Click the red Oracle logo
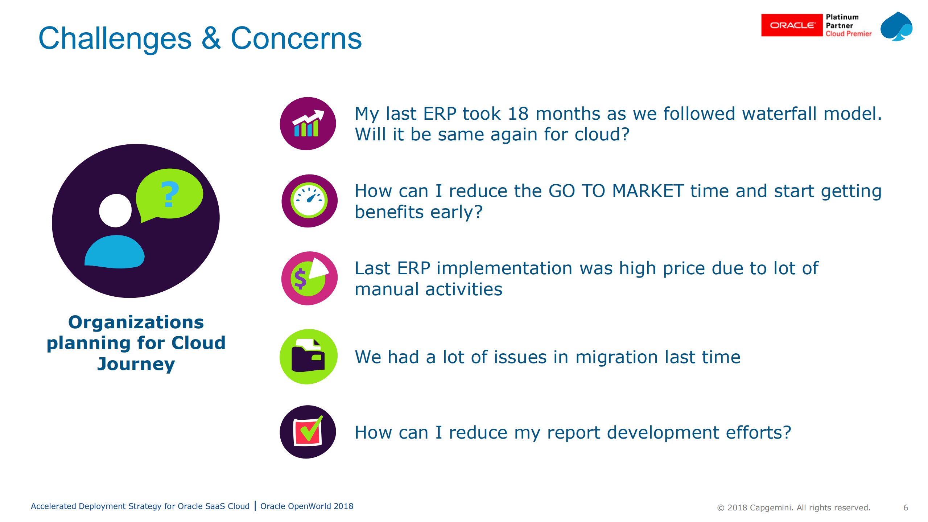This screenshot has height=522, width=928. (792, 25)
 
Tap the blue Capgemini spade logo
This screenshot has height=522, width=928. (896, 26)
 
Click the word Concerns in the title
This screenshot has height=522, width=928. (296, 38)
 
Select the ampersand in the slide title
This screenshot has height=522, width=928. (211, 38)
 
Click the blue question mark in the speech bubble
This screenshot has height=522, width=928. (170, 194)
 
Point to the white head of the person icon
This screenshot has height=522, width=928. (115, 210)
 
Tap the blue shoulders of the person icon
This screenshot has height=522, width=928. (115, 252)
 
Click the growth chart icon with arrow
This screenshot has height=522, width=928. (308, 123)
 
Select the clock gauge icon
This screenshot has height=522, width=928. (309, 201)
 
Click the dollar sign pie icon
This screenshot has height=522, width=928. (309, 278)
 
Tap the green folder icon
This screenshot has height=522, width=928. (309, 357)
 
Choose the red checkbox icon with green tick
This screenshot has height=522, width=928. (308, 432)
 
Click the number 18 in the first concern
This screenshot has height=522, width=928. (518, 114)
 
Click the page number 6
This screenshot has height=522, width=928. (906, 507)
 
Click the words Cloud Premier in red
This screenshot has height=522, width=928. (848, 34)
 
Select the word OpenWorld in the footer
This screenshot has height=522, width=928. (309, 506)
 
